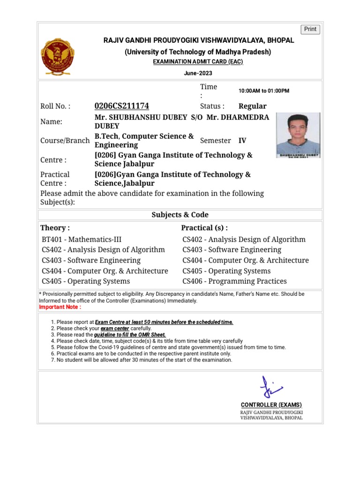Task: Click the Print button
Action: [x=310, y=29]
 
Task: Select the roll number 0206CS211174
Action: [x=122, y=106]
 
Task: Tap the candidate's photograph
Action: [x=298, y=135]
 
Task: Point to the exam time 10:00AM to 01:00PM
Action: [x=264, y=90]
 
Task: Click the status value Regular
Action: [x=252, y=106]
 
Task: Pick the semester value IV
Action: [x=242, y=140]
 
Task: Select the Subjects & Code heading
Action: [x=180, y=215]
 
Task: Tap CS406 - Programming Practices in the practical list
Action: [x=234, y=281]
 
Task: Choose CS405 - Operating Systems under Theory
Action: [x=86, y=281]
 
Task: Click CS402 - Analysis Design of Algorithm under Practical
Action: [x=244, y=240]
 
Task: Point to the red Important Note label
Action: [x=60, y=307]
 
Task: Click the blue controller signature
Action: [x=271, y=387]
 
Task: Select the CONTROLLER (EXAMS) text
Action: [x=271, y=405]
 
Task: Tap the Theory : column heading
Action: [x=55, y=228]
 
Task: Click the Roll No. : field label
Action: [x=55, y=106]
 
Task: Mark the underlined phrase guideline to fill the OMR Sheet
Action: [x=130, y=335]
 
